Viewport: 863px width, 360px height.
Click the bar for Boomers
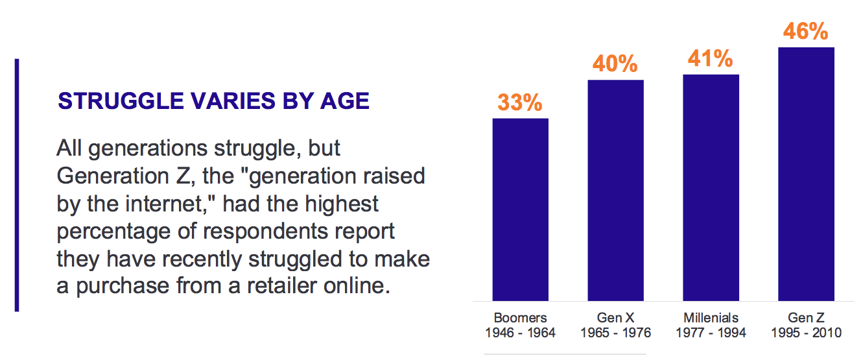tap(520, 210)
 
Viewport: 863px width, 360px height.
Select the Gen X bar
tap(615, 190)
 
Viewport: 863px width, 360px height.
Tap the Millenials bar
tap(711, 187)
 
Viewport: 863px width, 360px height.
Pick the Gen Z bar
tap(806, 174)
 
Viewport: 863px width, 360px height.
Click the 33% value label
tap(520, 102)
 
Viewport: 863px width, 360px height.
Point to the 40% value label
tap(615, 64)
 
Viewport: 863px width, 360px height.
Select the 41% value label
tap(710, 58)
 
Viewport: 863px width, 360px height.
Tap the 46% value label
tap(805, 31)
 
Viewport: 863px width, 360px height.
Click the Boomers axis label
tap(520, 318)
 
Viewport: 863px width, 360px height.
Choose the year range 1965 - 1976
tap(615, 333)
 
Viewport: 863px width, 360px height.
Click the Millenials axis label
tap(711, 318)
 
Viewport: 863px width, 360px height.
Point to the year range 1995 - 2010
tap(806, 333)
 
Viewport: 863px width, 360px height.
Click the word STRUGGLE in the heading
tap(121, 101)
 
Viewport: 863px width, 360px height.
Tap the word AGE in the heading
tap(345, 101)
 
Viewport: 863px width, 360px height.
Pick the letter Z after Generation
tap(183, 176)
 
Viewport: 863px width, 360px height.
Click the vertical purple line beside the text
tap(17, 185)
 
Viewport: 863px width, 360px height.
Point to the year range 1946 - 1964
tap(520, 333)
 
